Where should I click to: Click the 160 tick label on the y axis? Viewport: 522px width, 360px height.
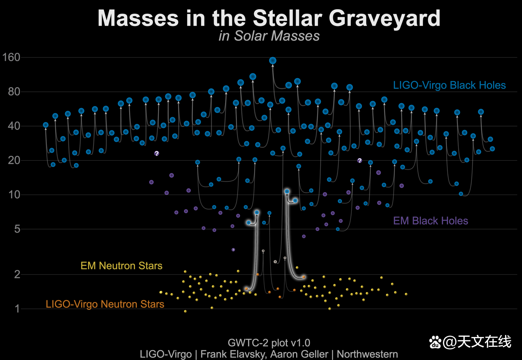(11, 57)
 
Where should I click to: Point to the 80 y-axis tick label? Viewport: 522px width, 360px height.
(14, 92)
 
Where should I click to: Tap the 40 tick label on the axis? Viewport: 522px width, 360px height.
(14, 126)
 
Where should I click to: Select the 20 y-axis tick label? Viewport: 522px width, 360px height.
(14, 160)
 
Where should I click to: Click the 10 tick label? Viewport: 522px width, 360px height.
(14, 195)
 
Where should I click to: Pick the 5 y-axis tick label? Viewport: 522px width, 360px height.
(17, 229)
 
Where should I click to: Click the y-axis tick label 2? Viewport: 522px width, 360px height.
(17, 274)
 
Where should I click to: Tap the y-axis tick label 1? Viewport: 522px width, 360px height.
(17, 309)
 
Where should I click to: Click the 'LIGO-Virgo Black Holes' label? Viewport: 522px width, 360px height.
(449, 85)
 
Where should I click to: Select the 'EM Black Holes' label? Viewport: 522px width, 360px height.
(430, 221)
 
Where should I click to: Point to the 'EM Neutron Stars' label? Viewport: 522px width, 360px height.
(121, 266)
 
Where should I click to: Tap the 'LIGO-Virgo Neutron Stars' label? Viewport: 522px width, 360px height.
(105, 304)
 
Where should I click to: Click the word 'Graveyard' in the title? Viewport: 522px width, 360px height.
(384, 18)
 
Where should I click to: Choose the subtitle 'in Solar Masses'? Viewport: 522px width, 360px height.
(269, 36)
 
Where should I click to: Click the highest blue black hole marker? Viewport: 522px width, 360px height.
(273, 60)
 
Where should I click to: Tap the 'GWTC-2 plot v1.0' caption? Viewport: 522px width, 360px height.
(269, 343)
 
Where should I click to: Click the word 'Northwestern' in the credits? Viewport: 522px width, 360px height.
(367, 354)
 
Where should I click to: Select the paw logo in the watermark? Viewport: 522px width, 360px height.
(435, 342)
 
